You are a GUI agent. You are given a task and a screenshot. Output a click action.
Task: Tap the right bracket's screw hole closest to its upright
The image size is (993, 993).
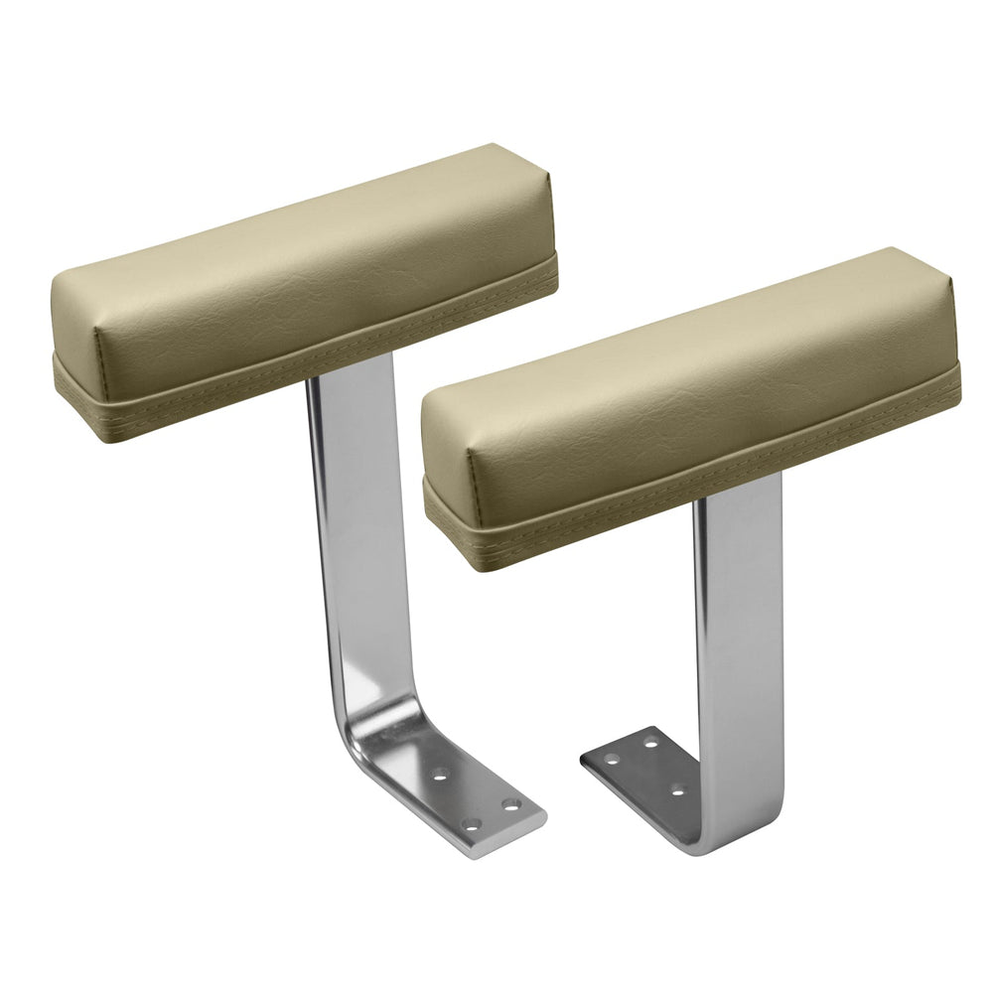(678, 790)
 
